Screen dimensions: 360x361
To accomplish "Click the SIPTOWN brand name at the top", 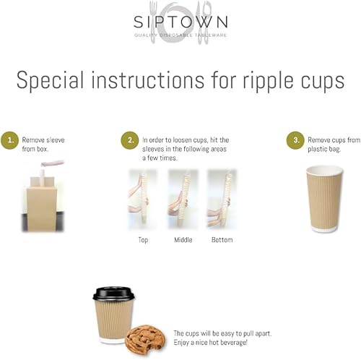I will [180, 21].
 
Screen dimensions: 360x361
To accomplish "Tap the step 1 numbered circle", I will [10, 140].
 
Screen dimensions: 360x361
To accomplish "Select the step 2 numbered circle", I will [129, 140].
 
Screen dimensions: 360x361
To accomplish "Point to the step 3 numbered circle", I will [295, 140].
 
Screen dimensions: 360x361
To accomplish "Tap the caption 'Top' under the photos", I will [142, 239].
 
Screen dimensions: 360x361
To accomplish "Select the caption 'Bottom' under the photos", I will [222, 239].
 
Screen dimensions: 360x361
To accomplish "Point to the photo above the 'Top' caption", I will [142, 199].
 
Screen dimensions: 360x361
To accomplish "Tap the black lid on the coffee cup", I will [114, 293].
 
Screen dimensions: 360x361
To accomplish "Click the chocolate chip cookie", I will [145, 339].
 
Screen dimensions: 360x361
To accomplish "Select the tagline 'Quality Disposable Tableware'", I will [180, 35].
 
